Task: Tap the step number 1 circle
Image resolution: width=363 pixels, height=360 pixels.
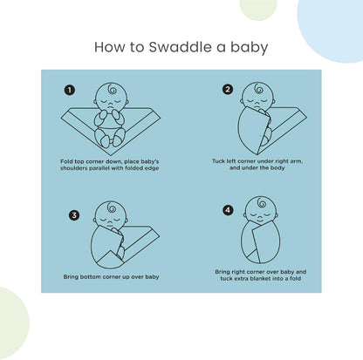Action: (x=70, y=89)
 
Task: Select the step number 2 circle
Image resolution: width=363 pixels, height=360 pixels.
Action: (x=228, y=89)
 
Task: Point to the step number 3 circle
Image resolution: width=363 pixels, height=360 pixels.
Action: (x=74, y=214)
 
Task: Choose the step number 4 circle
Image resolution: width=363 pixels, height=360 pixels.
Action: (x=229, y=210)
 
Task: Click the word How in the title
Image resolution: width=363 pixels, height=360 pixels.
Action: (x=108, y=45)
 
